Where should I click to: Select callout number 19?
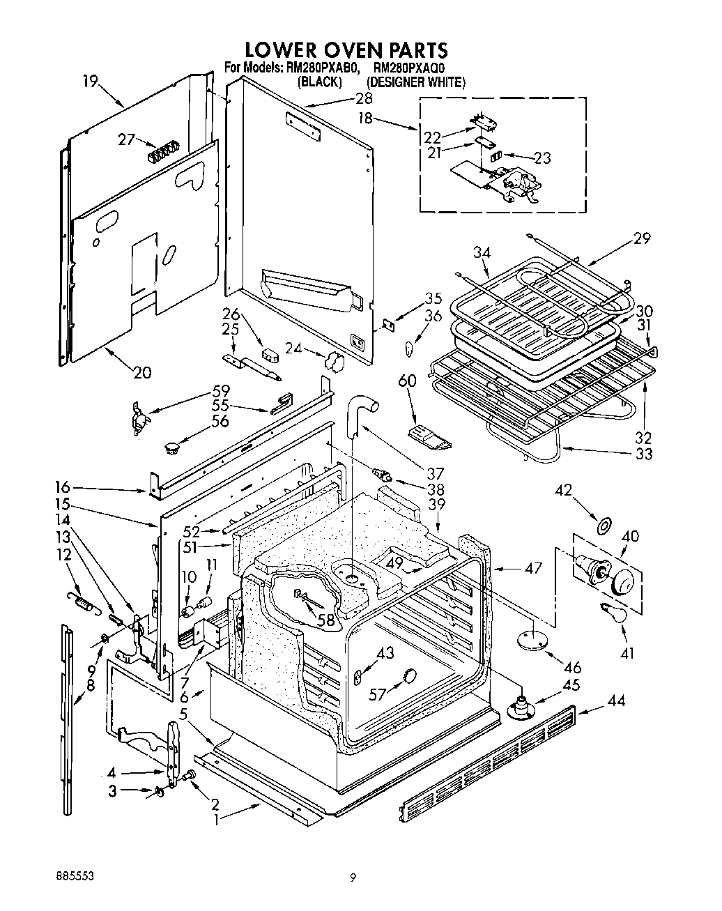tap(90, 81)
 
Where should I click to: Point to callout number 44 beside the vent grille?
tap(615, 701)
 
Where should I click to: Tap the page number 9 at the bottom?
tap(353, 878)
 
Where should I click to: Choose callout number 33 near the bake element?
tap(644, 454)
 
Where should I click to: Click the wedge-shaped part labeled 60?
tap(429, 436)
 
